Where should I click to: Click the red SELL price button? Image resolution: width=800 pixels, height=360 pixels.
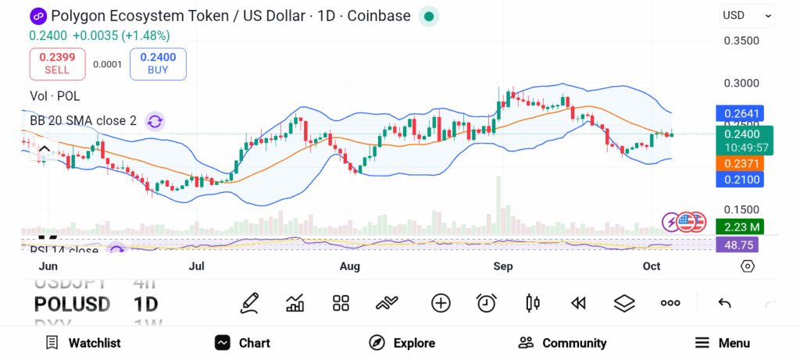tap(57, 63)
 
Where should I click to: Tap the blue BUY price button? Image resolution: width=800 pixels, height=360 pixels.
tap(158, 63)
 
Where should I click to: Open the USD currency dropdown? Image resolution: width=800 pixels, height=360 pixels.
tap(747, 15)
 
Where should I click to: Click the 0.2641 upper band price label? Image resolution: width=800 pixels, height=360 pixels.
tap(738, 113)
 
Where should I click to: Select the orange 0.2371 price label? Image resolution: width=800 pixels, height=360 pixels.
tap(738, 163)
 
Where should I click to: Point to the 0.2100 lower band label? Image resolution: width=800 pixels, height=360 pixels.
tap(738, 180)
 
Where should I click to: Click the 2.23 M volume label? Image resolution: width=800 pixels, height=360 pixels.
tap(738, 226)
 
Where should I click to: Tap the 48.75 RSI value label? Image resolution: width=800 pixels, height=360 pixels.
tap(738, 244)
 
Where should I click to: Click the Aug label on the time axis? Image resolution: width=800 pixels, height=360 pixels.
tap(350, 266)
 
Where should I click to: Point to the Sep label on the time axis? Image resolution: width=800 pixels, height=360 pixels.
tap(503, 266)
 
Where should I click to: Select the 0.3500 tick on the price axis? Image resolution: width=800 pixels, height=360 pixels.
tap(741, 41)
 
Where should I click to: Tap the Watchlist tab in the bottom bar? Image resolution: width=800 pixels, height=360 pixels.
tap(83, 343)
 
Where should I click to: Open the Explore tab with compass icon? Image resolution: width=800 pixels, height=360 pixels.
tap(402, 343)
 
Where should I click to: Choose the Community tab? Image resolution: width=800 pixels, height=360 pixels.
tap(562, 343)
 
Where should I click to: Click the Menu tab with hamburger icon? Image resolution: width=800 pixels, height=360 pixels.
tap(723, 343)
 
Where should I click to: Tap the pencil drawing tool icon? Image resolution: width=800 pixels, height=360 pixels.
tap(249, 303)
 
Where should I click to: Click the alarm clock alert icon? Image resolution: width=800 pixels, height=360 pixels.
tap(487, 303)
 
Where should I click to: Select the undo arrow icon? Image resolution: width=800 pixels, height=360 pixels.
tap(724, 303)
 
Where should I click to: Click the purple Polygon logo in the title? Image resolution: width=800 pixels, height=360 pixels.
tap(38, 16)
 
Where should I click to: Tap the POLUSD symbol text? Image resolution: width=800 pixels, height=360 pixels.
tap(72, 304)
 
